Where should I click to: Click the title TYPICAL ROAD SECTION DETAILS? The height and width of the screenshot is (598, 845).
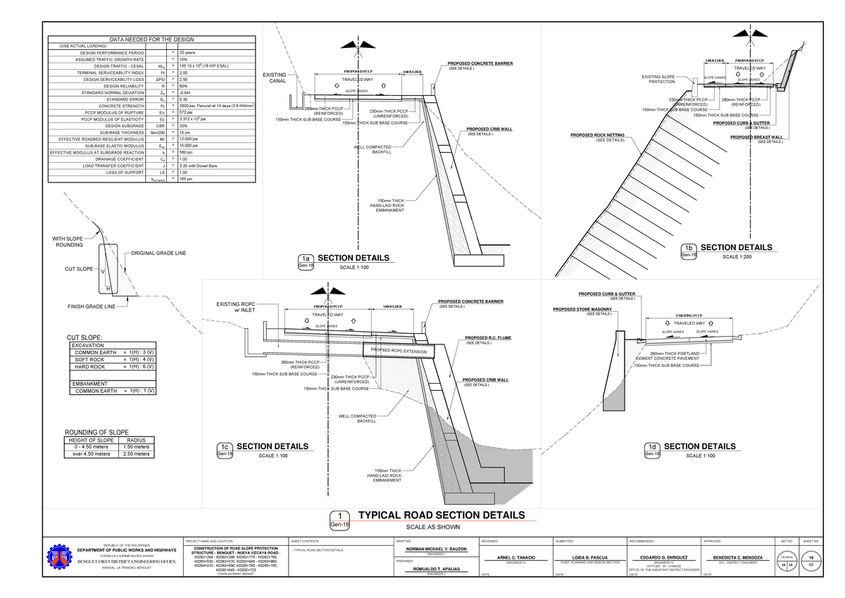tap(442, 515)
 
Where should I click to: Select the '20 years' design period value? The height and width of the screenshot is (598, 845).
tap(187, 53)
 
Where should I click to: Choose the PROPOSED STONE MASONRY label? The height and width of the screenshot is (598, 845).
tap(582, 309)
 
